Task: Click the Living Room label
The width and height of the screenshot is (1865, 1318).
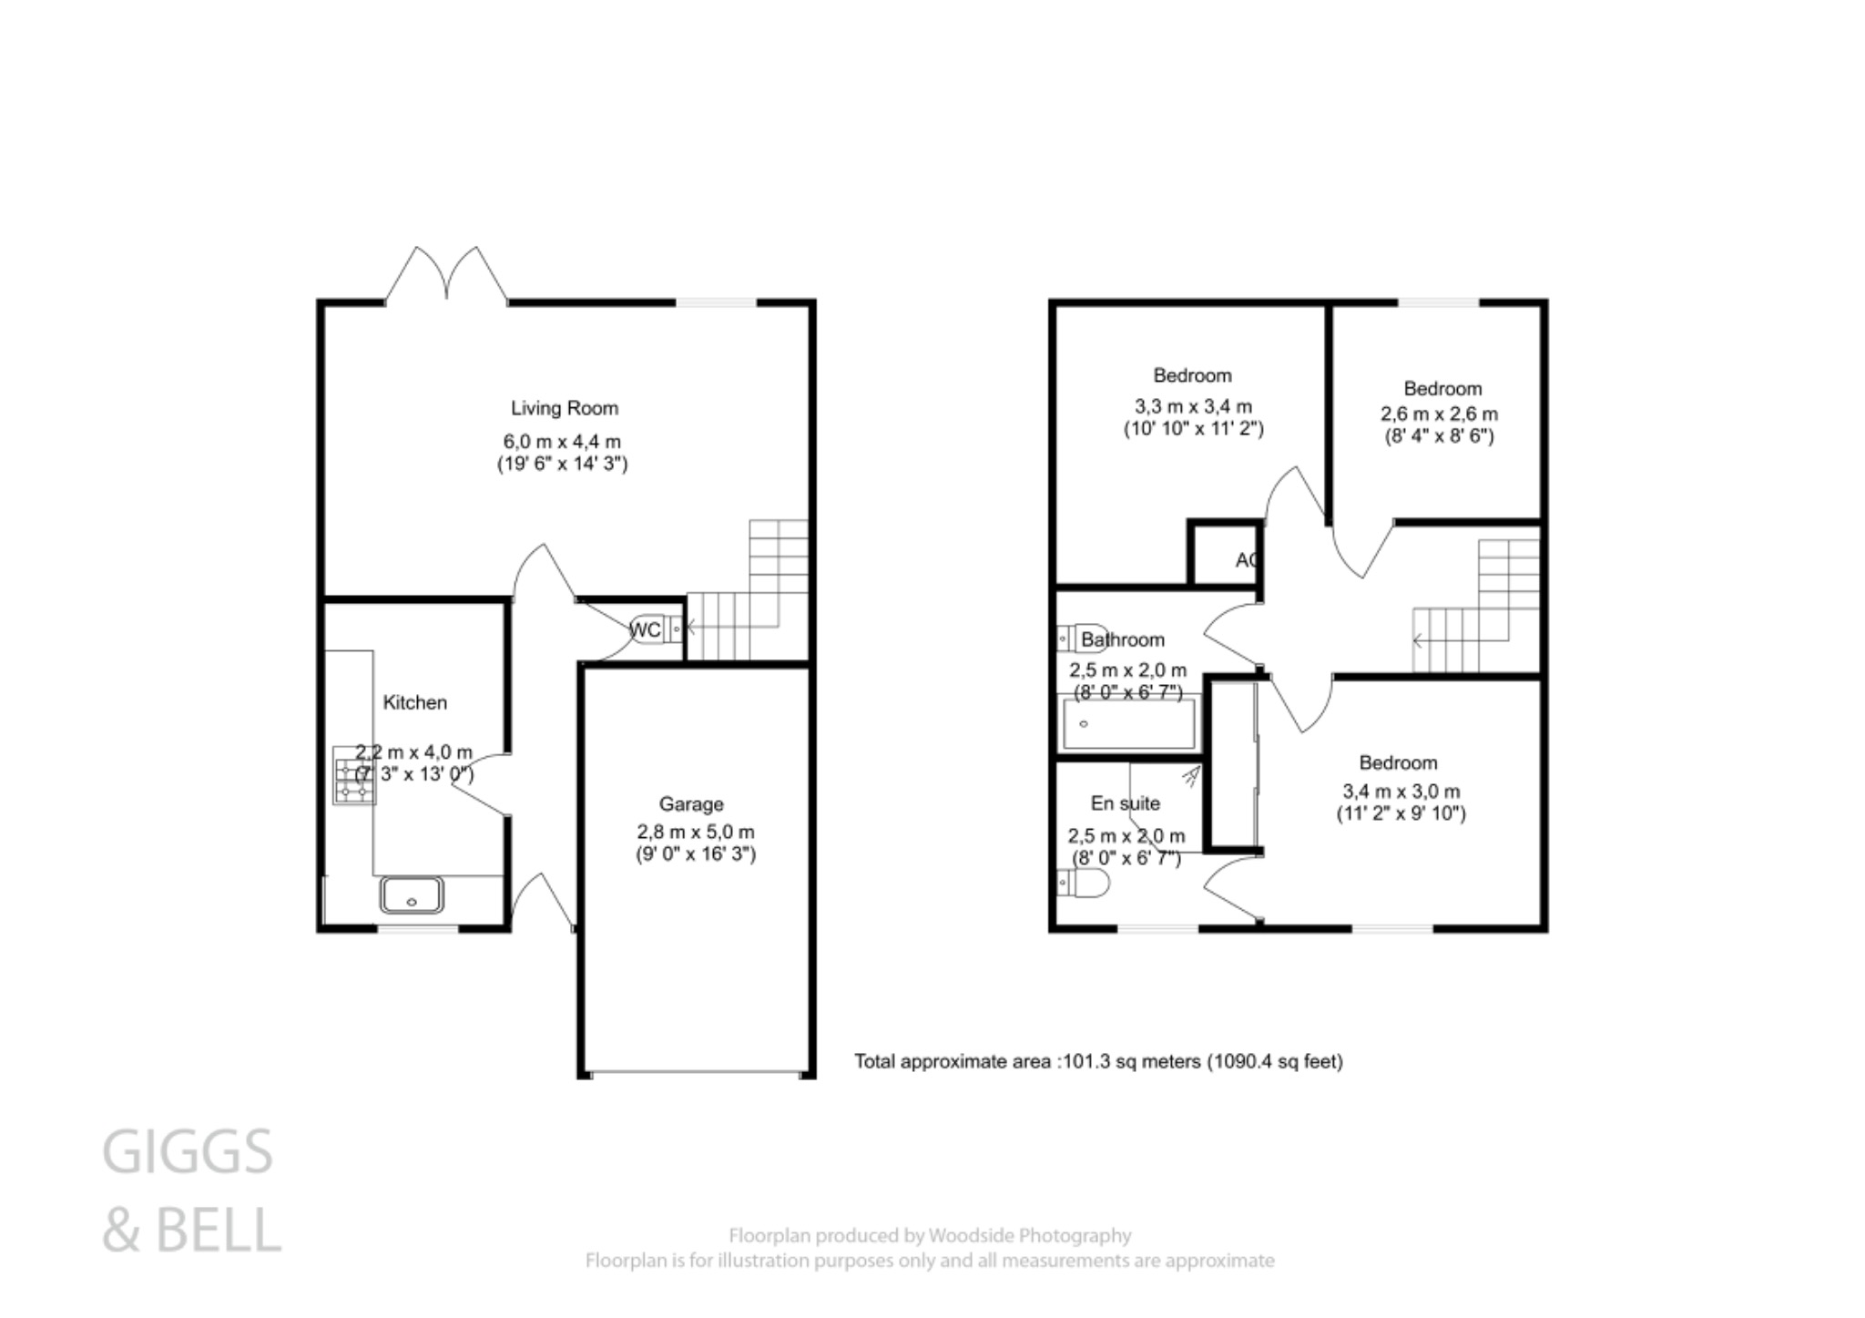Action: (564, 408)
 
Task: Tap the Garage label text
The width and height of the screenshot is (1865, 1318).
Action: (691, 804)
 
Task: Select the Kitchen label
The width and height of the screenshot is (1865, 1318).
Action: (414, 702)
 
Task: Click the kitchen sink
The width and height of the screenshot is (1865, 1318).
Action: (412, 894)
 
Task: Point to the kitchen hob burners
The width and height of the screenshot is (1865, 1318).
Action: (353, 776)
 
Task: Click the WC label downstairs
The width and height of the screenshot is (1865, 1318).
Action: (645, 630)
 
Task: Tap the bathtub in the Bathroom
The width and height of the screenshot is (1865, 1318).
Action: (1128, 724)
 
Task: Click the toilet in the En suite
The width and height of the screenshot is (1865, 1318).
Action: (1085, 883)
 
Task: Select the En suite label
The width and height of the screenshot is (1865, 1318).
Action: (1125, 803)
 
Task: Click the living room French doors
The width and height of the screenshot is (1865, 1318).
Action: (446, 273)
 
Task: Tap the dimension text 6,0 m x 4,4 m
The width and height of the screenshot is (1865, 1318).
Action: (562, 442)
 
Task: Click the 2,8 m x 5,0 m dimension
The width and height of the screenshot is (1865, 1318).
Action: (695, 832)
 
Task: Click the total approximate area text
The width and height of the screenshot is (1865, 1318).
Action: (1098, 1061)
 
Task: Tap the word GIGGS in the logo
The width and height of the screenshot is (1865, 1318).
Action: (188, 1152)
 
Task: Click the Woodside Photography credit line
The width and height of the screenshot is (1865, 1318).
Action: (929, 1236)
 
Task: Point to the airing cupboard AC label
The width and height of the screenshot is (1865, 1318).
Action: (1246, 560)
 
